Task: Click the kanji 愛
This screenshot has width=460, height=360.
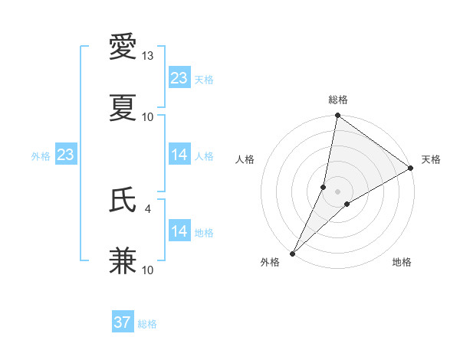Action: point(123,47)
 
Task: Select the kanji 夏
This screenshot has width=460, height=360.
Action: point(123,108)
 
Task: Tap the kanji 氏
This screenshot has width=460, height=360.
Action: point(123,200)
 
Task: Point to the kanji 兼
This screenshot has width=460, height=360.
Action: point(123,261)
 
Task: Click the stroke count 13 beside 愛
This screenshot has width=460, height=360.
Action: point(148,56)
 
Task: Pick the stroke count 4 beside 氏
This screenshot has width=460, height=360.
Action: point(148,208)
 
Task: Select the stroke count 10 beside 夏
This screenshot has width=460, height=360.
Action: point(148,116)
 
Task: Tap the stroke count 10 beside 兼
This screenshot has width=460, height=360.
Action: point(148,270)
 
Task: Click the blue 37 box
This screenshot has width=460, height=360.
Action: point(123,322)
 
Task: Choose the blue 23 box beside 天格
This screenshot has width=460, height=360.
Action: point(179,78)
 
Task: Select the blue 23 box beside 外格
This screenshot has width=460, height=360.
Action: point(65,155)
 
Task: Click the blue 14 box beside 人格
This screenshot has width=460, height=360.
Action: point(179,155)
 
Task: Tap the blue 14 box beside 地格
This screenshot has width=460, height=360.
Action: point(179,231)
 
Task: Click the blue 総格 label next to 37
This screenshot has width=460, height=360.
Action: point(147,324)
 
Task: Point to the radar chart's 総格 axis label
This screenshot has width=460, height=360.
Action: point(338,100)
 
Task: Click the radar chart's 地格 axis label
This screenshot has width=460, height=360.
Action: point(402,262)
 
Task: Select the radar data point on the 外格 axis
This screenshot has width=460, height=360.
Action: point(292,254)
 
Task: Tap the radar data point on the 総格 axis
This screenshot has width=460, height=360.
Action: point(338,116)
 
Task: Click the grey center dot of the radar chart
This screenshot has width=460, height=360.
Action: point(338,191)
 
